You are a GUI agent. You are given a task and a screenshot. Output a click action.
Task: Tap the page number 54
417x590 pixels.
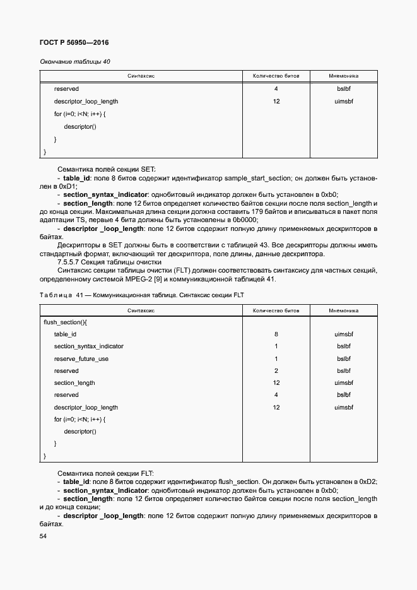pos(43,536)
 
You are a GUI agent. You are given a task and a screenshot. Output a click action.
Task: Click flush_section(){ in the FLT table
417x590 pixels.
pos(65,322)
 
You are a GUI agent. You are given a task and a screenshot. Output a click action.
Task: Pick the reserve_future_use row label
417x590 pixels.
pos(81,358)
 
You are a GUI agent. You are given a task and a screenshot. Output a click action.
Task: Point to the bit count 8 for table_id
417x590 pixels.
pos(276,334)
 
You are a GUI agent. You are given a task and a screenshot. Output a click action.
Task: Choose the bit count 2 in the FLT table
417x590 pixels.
pos(276,371)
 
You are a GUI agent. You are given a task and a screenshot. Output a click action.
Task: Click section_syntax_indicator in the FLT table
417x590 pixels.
pos(89,346)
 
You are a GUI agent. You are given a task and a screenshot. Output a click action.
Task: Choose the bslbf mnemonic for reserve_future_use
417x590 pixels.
pos(344,358)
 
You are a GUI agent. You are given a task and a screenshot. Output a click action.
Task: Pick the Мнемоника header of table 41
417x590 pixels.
pos(344,310)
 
